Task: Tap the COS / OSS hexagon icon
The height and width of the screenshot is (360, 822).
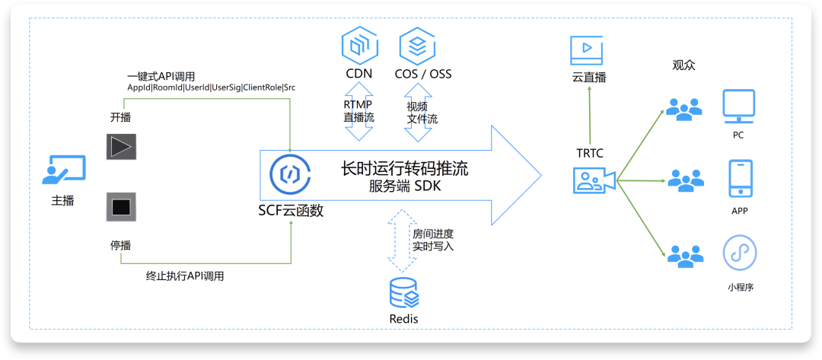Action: click(x=419, y=45)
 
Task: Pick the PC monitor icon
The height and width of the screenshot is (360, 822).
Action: click(x=738, y=106)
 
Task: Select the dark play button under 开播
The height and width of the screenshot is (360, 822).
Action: click(x=121, y=146)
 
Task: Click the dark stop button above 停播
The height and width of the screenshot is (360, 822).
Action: click(x=121, y=205)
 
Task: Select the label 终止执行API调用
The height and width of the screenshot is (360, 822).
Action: click(x=184, y=276)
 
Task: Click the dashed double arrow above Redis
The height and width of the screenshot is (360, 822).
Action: click(x=400, y=241)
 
